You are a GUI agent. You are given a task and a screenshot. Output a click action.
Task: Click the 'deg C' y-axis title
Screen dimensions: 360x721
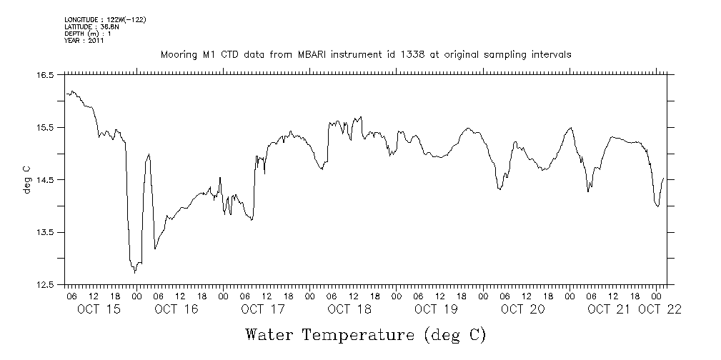point(27,179)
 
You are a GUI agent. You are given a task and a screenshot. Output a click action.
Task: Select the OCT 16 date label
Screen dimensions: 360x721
point(176,309)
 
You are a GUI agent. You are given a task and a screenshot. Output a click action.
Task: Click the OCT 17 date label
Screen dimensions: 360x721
point(262,309)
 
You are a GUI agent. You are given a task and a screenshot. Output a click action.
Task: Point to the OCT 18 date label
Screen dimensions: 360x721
point(349,309)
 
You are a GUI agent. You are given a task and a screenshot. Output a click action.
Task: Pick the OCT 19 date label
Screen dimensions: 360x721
point(435,309)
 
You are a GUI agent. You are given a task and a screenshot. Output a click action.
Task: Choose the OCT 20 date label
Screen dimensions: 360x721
point(522,309)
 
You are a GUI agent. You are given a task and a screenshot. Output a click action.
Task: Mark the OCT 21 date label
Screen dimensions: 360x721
point(608,309)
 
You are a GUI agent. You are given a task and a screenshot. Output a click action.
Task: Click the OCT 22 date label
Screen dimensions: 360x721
point(660,309)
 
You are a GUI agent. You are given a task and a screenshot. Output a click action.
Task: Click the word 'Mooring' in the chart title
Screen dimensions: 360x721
point(179,55)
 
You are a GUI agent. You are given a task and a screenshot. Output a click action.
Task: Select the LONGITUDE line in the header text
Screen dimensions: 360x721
point(105,19)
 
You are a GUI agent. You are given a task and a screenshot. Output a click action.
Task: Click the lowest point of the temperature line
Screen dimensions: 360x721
point(135,272)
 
